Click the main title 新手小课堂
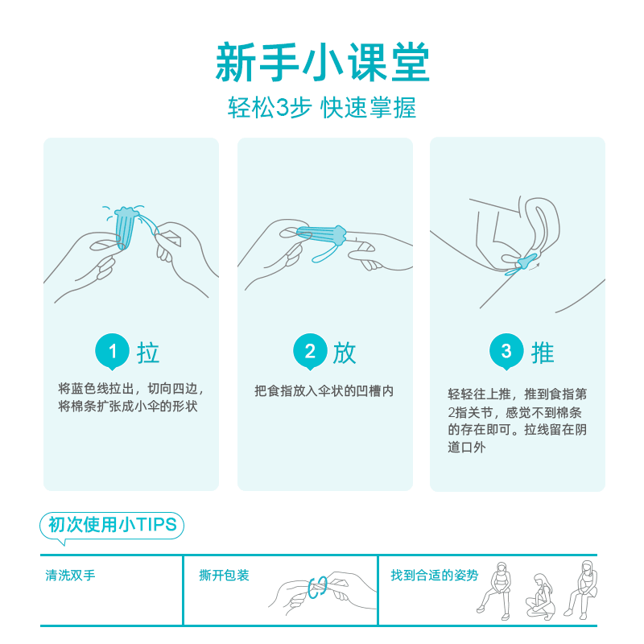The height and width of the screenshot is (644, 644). click(x=323, y=63)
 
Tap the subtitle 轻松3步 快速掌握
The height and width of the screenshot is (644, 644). click(x=322, y=108)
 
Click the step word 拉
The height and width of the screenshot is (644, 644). click(x=148, y=353)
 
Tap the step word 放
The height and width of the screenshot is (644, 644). click(x=345, y=353)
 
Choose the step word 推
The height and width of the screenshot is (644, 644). click(x=543, y=353)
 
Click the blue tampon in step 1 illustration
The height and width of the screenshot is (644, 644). click(x=126, y=227)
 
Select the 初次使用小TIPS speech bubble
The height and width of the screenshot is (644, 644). click(x=112, y=526)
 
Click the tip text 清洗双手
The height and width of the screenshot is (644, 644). click(x=70, y=575)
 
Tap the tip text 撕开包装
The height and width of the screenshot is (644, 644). click(x=224, y=575)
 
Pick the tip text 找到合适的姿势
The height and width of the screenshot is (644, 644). click(x=435, y=575)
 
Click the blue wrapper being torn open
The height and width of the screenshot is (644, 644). click(x=318, y=588)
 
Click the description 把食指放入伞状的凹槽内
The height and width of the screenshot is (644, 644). click(x=324, y=391)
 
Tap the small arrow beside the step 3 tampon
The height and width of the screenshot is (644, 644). click(x=535, y=267)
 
